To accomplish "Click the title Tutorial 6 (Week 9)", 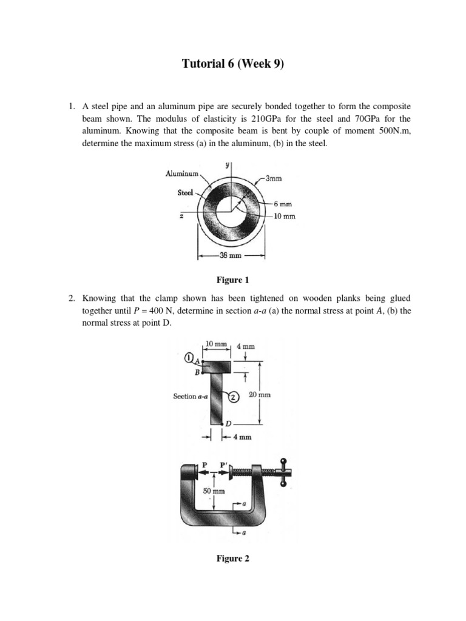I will coord(233,64).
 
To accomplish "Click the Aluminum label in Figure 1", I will coord(183,174).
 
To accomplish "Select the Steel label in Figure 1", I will coord(185,193).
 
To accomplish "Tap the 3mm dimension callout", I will coord(274,178).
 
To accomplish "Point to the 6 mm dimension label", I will coord(282,204).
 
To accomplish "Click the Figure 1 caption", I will coord(233,280).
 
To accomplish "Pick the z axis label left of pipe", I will coord(182,217).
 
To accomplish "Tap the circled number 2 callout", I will coord(233,396).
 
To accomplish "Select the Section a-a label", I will coord(192,397).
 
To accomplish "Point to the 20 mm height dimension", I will coord(259,394).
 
